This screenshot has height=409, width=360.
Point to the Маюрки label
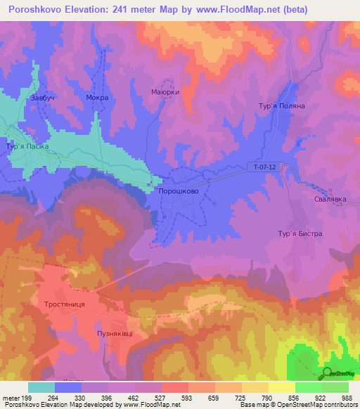coord(165,92)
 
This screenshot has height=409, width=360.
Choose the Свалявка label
coord(330,199)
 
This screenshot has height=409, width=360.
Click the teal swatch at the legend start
coord(41,387)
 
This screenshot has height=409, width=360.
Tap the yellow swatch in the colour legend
coord(281,387)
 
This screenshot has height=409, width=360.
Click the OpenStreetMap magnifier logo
coord(328,373)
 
